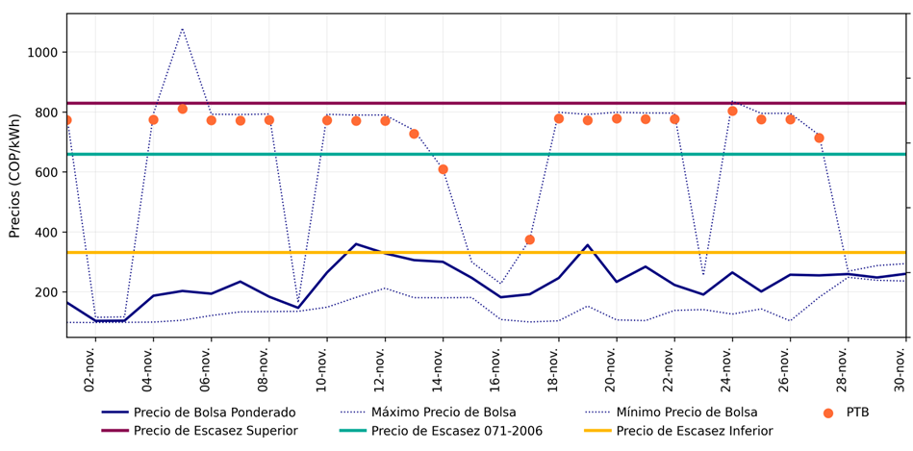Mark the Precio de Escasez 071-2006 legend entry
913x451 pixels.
(457, 431)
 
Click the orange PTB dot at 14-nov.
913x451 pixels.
(443, 169)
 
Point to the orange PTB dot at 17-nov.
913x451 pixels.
(529, 239)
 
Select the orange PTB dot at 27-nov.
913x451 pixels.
(819, 138)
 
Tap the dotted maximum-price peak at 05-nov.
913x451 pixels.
(182, 29)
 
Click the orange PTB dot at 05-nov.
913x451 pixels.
(182, 109)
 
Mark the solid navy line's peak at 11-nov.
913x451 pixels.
(356, 244)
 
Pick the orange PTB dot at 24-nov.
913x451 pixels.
(732, 111)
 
